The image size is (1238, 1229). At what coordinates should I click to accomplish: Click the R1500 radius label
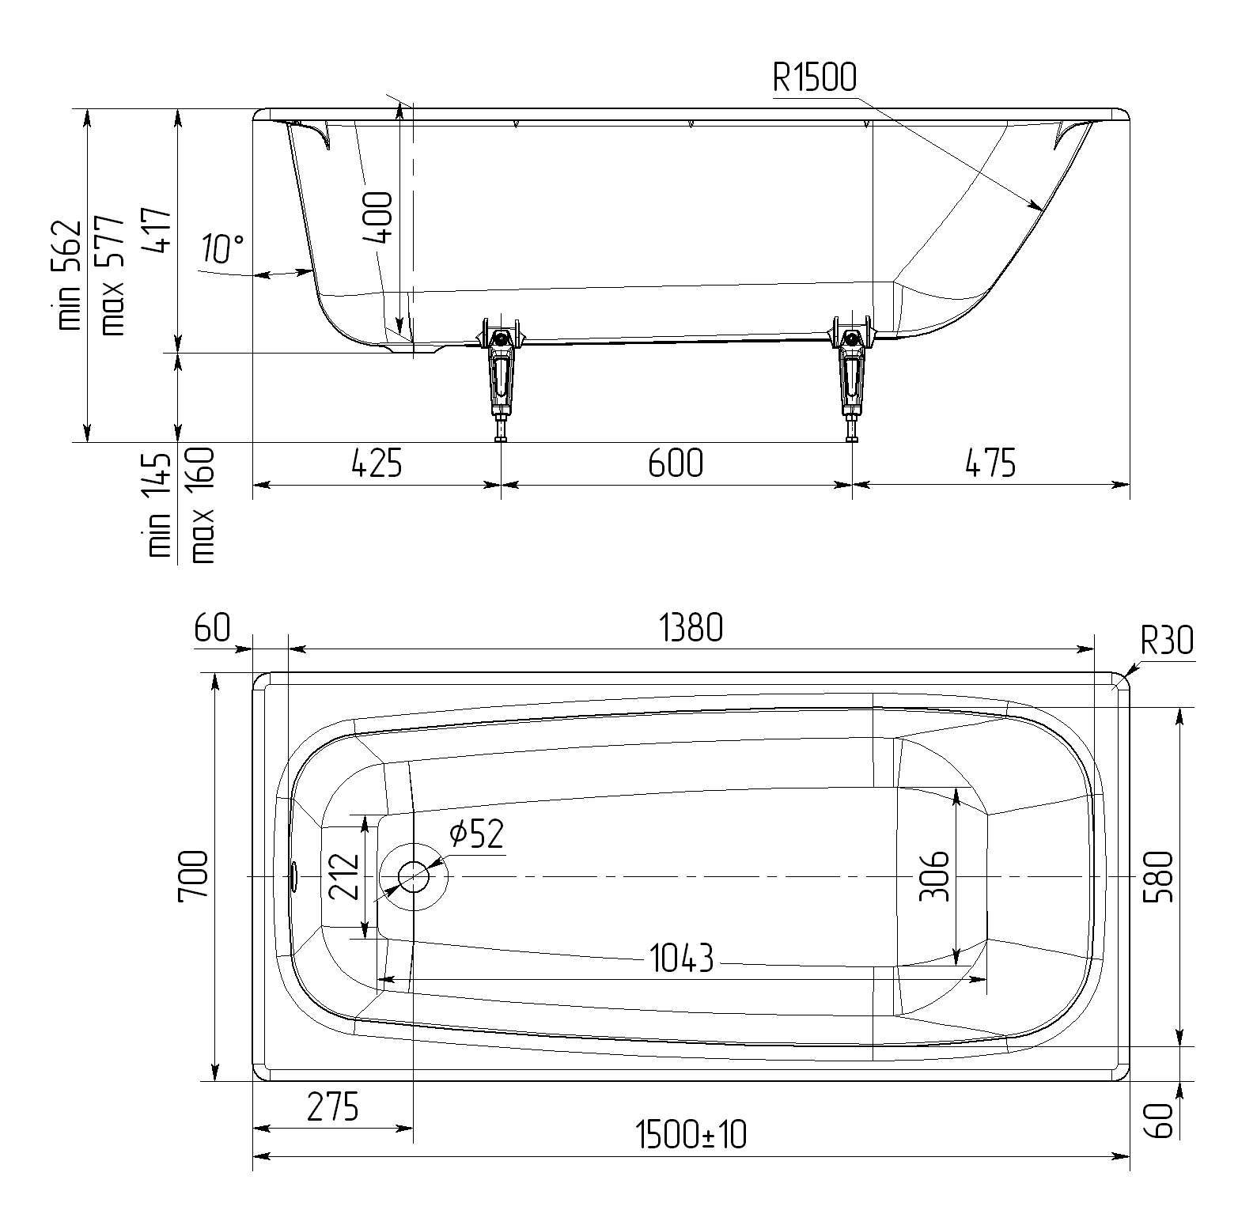coord(815,78)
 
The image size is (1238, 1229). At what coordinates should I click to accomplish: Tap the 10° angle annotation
coord(222,248)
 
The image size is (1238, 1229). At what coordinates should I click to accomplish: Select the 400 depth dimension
coord(380,217)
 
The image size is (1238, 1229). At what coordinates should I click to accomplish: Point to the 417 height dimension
coord(157,229)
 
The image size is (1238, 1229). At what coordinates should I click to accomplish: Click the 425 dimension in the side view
coord(377,463)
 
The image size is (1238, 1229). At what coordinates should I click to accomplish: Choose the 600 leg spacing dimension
coord(676,463)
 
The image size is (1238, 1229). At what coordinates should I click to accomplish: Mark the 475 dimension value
coord(990,463)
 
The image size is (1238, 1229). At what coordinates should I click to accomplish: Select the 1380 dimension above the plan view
coord(691,629)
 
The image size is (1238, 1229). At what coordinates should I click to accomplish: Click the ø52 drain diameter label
coord(475,834)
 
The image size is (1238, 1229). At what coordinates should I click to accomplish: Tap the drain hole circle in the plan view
coord(414,877)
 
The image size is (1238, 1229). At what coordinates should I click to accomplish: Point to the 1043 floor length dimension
coord(682,959)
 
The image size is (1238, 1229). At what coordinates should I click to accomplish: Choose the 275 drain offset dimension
coord(333,1107)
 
